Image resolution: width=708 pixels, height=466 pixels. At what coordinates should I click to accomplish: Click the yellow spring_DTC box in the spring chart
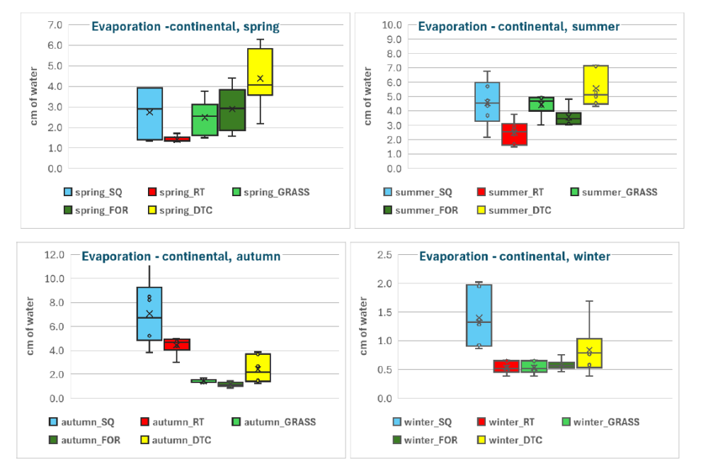[260, 72]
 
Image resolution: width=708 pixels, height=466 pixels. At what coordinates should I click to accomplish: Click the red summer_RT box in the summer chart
[514, 134]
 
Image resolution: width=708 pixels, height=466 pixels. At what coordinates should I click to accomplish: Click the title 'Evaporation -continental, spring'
[185, 27]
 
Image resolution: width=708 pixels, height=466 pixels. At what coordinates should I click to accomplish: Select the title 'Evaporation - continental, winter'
[514, 256]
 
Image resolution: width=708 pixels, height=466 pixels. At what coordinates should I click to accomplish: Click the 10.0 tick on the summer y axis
[392, 25]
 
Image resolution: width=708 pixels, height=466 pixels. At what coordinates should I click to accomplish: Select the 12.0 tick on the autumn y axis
[53, 254]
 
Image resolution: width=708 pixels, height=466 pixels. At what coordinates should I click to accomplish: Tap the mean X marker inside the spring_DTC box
[260, 79]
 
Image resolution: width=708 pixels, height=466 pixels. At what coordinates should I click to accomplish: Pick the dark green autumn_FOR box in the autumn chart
[230, 385]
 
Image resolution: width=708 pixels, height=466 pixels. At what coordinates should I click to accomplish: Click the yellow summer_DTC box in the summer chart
[595, 85]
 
